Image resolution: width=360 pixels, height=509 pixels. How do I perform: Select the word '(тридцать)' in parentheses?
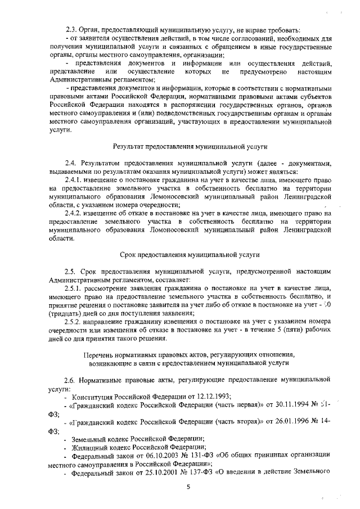(x=65, y=312)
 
